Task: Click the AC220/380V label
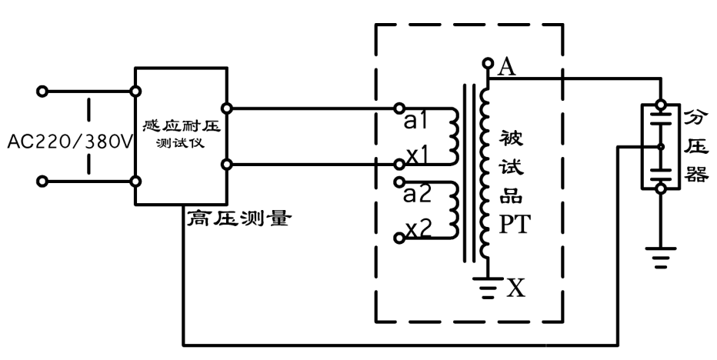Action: pyautogui.click(x=69, y=142)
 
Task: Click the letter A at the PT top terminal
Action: pyautogui.click(x=506, y=67)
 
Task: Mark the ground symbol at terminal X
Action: pyautogui.click(x=486, y=289)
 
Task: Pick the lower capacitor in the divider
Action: pyautogui.click(x=661, y=170)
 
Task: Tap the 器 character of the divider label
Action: pyautogui.click(x=696, y=175)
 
